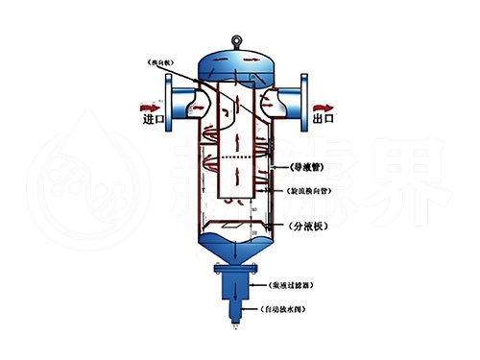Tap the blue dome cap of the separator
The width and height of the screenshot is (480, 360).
tap(236, 62)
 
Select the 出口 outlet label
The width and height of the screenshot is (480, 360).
tap(323, 119)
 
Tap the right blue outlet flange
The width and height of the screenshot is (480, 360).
tap(300, 97)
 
